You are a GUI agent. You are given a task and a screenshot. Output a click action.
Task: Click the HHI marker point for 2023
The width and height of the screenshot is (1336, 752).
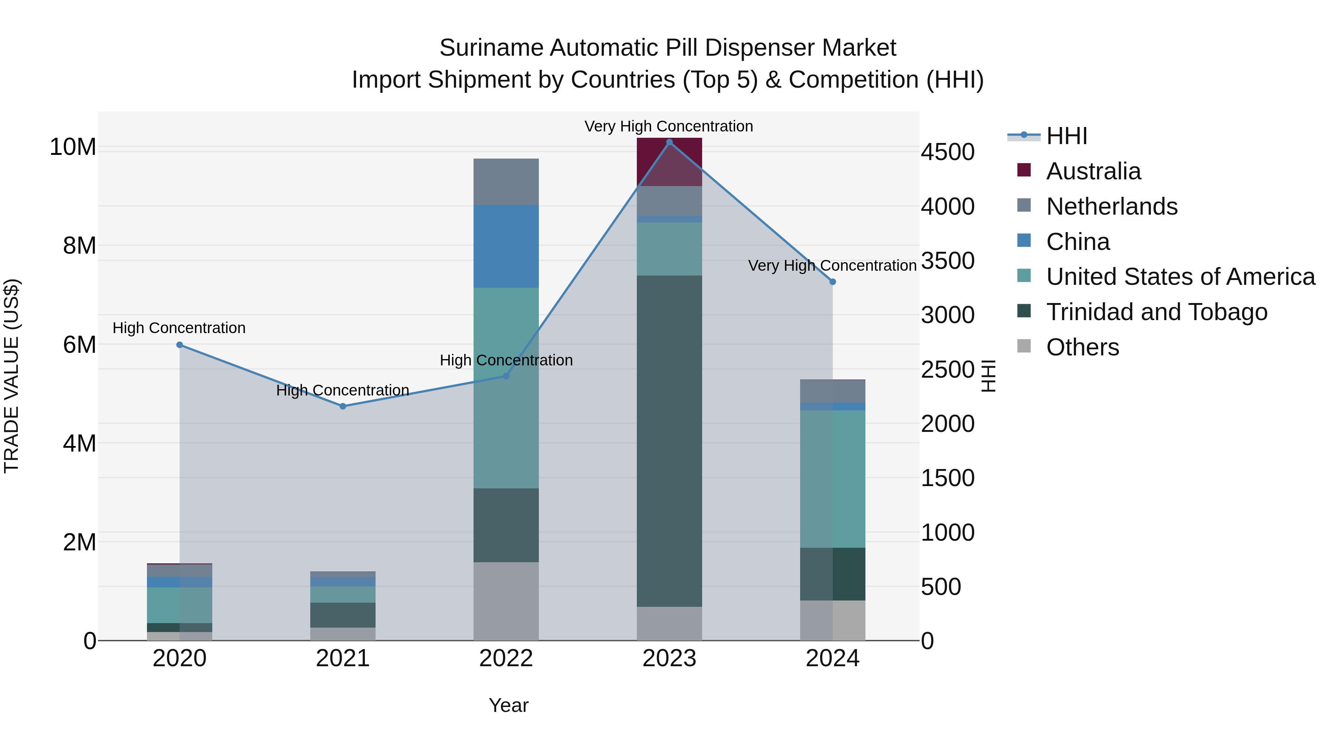(x=669, y=142)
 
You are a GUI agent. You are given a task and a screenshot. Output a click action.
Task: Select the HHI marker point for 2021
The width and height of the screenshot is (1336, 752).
(x=343, y=406)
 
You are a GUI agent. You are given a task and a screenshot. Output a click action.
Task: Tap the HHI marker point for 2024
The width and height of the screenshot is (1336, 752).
(x=832, y=282)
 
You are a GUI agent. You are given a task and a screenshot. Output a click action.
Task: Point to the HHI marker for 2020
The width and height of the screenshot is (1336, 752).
(x=180, y=345)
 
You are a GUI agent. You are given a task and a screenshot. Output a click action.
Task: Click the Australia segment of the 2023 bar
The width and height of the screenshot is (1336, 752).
(x=669, y=162)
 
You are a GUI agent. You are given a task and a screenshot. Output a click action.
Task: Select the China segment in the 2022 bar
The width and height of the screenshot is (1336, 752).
(x=506, y=247)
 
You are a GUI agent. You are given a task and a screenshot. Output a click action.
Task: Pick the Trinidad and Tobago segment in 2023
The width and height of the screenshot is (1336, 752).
(x=669, y=441)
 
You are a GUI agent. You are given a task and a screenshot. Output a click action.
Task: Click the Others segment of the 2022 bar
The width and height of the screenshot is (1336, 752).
(x=506, y=601)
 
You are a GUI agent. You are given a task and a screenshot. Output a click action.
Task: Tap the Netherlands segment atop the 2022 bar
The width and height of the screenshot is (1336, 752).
(x=506, y=182)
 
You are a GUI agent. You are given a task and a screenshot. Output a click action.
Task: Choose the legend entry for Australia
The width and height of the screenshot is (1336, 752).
(x=1093, y=171)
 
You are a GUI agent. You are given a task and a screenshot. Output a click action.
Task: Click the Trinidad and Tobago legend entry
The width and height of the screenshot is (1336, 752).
(x=1156, y=312)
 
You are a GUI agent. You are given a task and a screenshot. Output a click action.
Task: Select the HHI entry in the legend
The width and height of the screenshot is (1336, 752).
(x=1066, y=136)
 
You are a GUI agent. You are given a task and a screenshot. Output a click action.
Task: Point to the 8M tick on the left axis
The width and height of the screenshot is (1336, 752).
(x=79, y=245)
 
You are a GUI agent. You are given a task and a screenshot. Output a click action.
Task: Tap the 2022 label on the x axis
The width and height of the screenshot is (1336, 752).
(x=506, y=658)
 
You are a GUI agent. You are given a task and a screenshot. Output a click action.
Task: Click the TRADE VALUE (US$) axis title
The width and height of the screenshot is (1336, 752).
(x=12, y=376)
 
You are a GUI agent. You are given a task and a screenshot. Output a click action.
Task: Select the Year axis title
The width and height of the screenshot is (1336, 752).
(x=508, y=705)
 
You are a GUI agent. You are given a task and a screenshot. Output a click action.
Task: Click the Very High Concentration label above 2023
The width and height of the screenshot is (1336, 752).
(x=668, y=126)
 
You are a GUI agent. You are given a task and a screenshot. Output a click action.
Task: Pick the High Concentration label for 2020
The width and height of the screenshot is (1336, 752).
(x=179, y=328)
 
